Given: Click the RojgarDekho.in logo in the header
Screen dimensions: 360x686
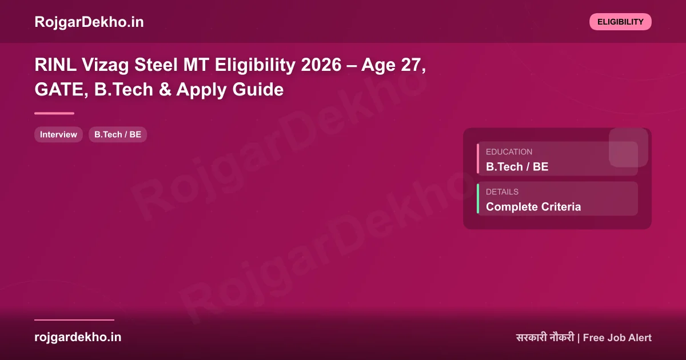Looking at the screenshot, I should [x=89, y=22].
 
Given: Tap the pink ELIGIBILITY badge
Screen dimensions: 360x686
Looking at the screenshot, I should [x=620, y=22].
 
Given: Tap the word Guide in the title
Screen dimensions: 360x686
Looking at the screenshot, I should [x=261, y=90].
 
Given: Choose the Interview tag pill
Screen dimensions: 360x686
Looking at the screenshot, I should [x=58, y=135].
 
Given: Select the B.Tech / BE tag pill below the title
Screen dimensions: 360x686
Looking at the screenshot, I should [x=118, y=135].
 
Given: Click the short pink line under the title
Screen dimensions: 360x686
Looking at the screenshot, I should [x=54, y=113].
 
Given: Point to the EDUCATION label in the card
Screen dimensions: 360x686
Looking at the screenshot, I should [x=509, y=152].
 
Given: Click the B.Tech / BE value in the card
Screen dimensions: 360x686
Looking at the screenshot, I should [x=517, y=167].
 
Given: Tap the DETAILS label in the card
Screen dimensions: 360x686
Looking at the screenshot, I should [x=502, y=192].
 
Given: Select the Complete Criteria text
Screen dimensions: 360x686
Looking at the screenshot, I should [x=533, y=207].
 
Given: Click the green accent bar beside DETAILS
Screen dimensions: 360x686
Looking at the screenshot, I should [x=478, y=199].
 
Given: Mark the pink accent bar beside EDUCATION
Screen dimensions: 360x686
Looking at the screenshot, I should [x=478, y=159].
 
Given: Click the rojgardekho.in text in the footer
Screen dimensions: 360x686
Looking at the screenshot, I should [x=78, y=337].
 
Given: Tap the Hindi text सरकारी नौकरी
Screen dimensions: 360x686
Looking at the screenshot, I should [x=544, y=338].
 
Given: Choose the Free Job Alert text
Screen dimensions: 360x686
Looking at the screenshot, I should [x=617, y=338].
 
